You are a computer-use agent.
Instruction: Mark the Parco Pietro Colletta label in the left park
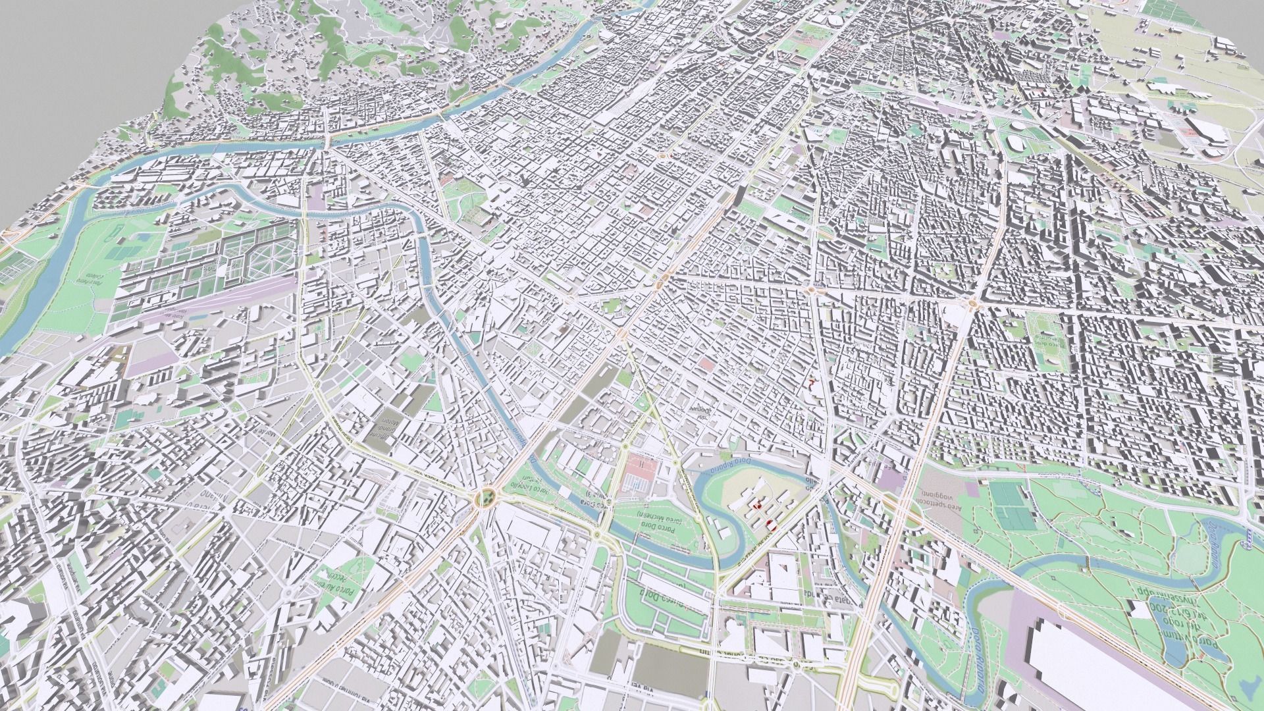point(89,276)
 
